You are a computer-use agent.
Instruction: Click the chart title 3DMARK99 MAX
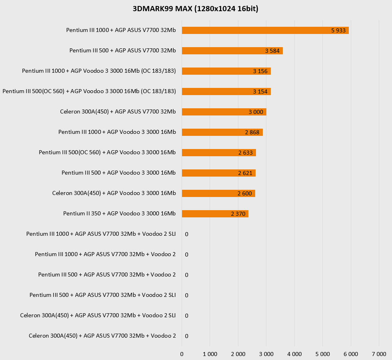(x=196, y=9)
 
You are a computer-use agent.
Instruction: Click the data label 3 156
(x=260, y=71)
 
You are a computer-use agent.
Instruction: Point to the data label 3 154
(x=260, y=91)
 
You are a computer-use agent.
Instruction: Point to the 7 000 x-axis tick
(x=379, y=354)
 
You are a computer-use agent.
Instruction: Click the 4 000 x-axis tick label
(x=294, y=354)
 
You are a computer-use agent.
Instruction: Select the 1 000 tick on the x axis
(x=210, y=354)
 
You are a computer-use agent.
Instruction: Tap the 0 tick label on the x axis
(x=182, y=354)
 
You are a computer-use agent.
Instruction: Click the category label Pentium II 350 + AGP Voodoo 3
(x=119, y=213)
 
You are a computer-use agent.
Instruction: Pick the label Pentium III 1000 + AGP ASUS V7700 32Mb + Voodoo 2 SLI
(x=101, y=234)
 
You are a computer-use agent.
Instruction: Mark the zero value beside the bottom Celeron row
(x=187, y=336)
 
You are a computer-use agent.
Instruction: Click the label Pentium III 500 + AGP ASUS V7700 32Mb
(x=122, y=50)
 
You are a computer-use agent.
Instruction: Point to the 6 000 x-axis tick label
(x=351, y=354)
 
